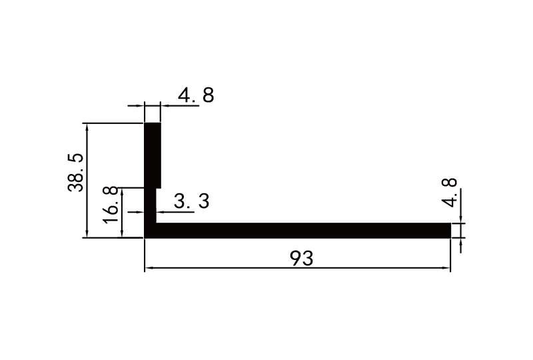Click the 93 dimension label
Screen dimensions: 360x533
302,257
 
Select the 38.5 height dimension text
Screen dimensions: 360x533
75,172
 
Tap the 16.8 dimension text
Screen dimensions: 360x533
112,203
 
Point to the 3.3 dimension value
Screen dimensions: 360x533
191,201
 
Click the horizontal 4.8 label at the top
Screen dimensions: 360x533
196,96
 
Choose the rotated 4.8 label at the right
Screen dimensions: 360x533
451,192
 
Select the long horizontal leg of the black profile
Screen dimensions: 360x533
300,230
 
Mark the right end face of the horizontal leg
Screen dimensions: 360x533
450,230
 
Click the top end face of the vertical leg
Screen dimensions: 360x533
153,123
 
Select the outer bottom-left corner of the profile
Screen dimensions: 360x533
145,237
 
